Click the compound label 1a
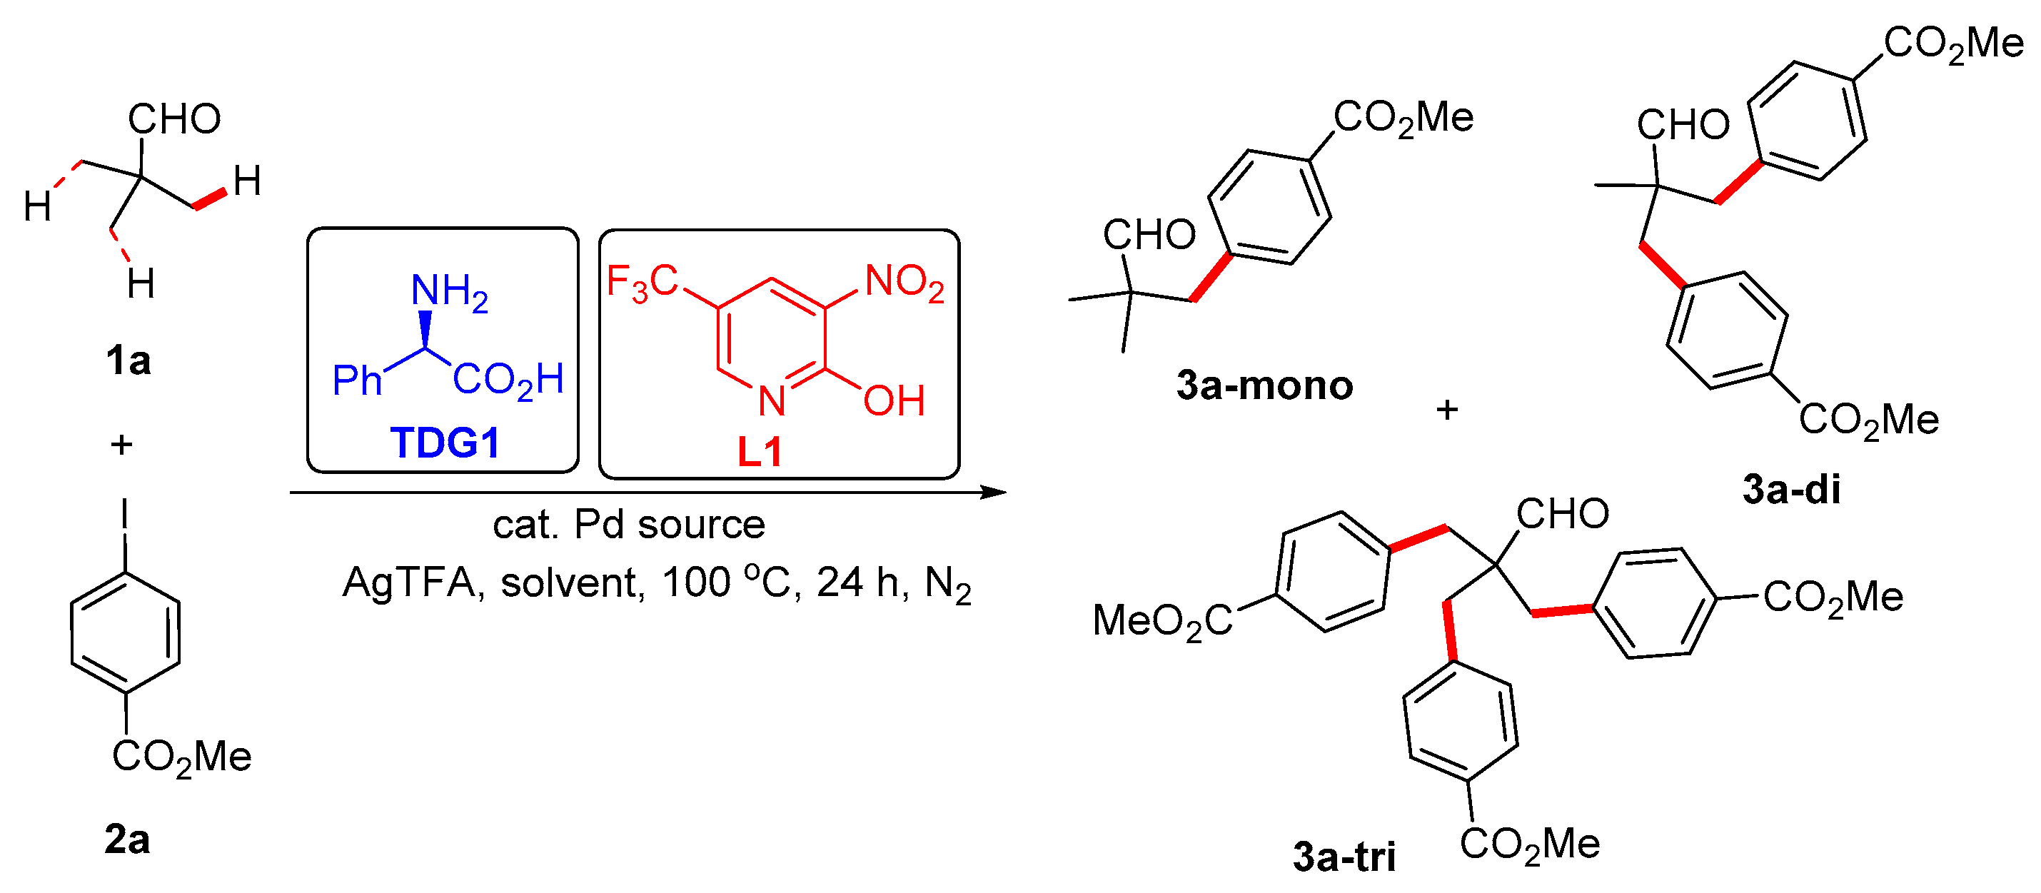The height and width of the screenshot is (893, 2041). click(128, 361)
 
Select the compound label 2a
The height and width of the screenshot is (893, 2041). click(127, 839)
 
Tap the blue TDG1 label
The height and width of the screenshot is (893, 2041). click(445, 443)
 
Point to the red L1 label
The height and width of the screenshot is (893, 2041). click(760, 453)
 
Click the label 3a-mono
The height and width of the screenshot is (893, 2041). click(1264, 386)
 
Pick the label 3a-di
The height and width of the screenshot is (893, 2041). click(1790, 490)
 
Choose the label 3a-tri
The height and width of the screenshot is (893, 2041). click(1344, 857)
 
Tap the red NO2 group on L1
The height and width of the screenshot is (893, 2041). click(904, 283)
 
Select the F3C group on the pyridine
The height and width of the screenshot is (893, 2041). click(642, 282)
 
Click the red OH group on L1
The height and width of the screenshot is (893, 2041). click(894, 401)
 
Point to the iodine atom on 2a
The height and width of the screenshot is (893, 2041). click(124, 514)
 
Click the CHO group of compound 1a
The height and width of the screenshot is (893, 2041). click(174, 120)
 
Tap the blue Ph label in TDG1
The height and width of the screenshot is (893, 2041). click(356, 380)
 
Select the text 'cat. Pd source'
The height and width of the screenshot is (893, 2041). click(628, 525)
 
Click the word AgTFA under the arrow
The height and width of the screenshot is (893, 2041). click(408, 583)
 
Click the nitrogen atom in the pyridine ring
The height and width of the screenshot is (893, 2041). click(771, 401)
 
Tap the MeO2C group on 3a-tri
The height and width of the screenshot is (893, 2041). click(1161, 621)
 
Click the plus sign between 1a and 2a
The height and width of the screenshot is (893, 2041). click(121, 445)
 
